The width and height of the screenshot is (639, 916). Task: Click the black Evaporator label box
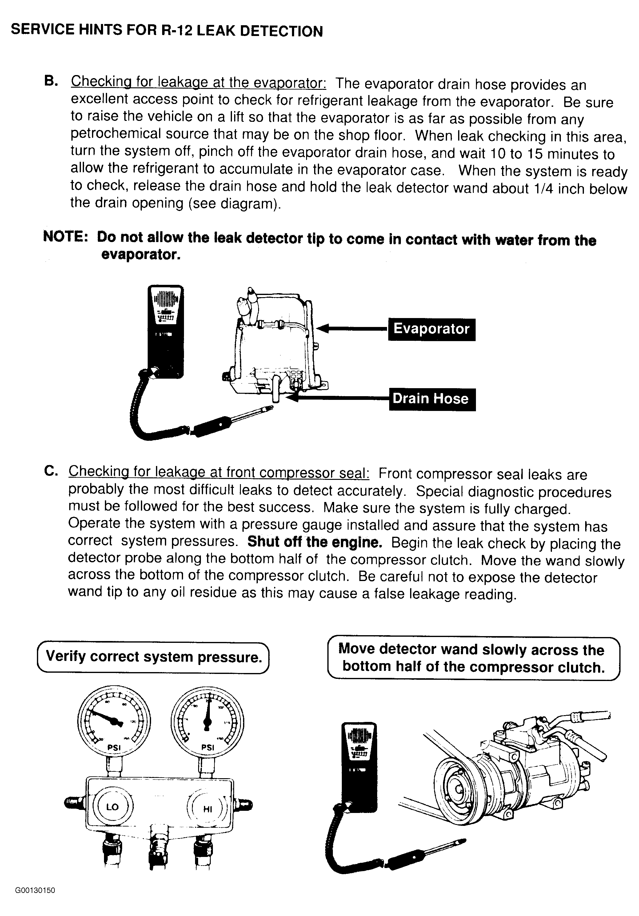431,329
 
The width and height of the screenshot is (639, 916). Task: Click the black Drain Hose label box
432,399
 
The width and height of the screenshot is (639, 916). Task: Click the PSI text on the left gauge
114,747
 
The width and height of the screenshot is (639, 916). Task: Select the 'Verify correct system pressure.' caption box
153,657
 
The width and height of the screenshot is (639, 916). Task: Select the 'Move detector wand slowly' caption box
473,658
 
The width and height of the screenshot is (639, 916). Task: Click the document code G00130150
35,890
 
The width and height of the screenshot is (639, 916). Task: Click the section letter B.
51,81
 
